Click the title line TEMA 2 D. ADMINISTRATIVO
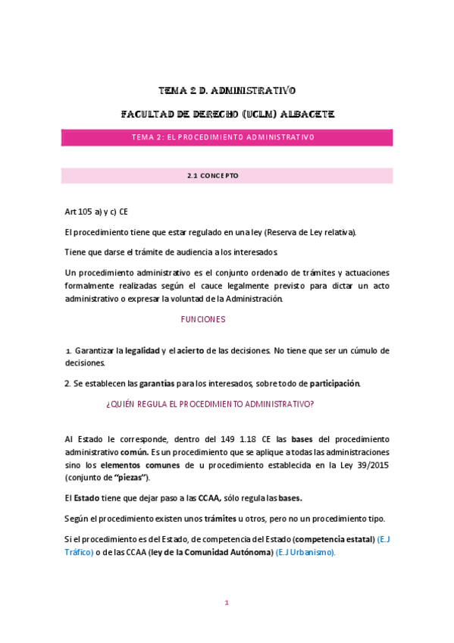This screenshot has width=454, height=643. [x=227, y=91]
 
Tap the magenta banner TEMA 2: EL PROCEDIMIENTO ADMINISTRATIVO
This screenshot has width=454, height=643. [x=227, y=138]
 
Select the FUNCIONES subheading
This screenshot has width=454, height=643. [x=203, y=320]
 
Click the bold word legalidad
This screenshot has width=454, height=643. [x=142, y=350]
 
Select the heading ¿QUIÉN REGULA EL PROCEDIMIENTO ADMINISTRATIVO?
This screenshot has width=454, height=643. [x=210, y=405]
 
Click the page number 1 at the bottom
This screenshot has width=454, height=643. [x=227, y=603]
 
